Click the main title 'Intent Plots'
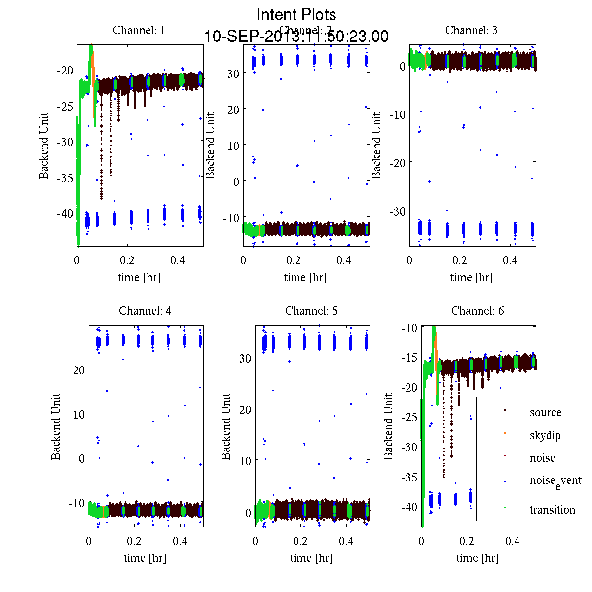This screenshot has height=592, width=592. point(296,14)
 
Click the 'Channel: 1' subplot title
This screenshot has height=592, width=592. point(139,30)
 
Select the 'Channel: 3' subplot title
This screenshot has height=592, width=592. point(471,30)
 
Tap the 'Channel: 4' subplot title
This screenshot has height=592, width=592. point(145,311)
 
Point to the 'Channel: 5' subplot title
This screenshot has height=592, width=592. point(311,311)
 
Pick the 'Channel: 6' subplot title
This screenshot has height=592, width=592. point(478,311)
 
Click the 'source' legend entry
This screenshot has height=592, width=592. point(545,412)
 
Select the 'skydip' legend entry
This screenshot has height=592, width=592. point(545,435)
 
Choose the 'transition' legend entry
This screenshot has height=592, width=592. point(552,510)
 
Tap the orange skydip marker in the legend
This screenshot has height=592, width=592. point(505,433)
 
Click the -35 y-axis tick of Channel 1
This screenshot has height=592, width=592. point(65,178)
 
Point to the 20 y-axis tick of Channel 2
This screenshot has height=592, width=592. point(233,109)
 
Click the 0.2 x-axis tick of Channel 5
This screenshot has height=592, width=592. point(300,541)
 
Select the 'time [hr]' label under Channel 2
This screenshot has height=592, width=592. point(305,277)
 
